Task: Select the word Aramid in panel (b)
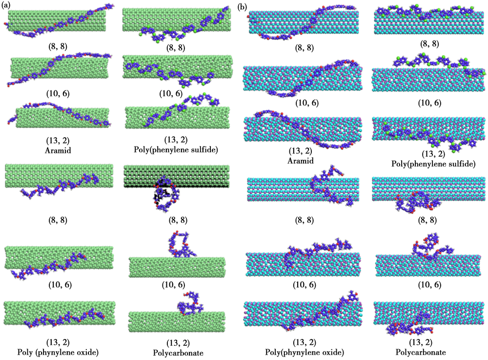301,161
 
